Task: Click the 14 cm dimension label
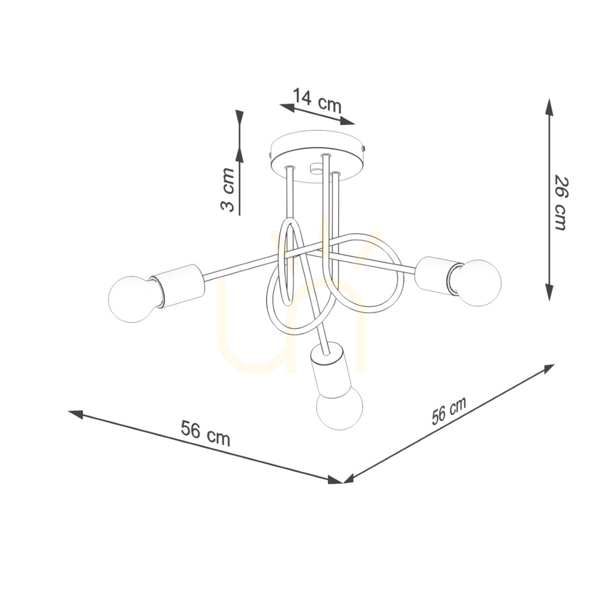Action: (x=317, y=101)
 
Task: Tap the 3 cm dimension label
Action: (x=228, y=189)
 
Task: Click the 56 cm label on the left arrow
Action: (x=206, y=433)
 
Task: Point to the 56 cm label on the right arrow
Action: (x=449, y=411)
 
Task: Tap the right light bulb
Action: (x=476, y=282)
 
